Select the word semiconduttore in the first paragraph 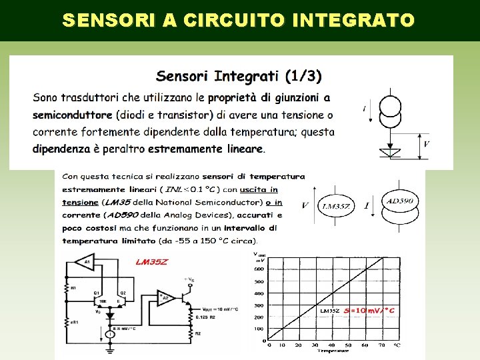pyautogui.click(x=73, y=115)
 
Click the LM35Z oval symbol pyautogui.click(x=336, y=206)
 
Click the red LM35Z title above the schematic pyautogui.click(x=152, y=262)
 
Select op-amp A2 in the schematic pyautogui.click(x=164, y=297)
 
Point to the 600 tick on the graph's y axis pyautogui.click(x=259, y=269)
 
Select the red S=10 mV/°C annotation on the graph pyautogui.click(x=369, y=310)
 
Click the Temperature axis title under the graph pyautogui.click(x=332, y=351)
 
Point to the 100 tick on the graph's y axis pyautogui.click(x=259, y=329)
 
